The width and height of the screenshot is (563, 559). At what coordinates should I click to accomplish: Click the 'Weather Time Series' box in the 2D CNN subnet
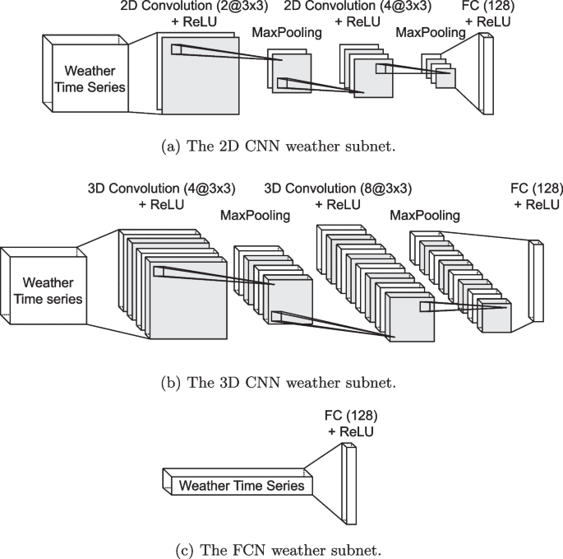coord(85,79)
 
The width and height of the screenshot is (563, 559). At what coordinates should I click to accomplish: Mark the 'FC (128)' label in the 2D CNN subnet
coord(497,7)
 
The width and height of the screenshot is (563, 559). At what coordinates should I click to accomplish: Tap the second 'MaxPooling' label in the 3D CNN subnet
coord(424,216)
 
